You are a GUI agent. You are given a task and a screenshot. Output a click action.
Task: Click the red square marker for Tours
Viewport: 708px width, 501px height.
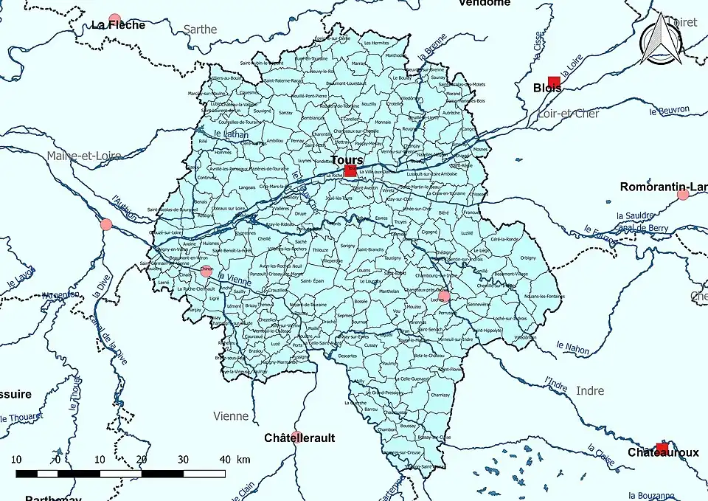350,170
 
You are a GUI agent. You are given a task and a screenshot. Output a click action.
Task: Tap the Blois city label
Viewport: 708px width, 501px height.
546,88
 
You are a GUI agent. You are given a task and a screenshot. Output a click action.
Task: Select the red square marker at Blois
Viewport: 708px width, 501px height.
554,81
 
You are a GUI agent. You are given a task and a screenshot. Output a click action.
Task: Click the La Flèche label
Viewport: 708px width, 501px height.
118,24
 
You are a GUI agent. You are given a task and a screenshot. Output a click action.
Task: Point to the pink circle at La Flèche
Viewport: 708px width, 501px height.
114,18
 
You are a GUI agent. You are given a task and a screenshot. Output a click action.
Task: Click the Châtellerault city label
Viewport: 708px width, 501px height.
299,438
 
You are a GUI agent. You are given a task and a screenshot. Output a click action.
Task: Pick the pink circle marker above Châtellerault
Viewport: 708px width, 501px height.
296,436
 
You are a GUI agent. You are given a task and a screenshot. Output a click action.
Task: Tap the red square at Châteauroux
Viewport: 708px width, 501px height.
662,448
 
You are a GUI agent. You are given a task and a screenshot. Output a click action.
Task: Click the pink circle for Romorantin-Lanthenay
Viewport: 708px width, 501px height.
683,195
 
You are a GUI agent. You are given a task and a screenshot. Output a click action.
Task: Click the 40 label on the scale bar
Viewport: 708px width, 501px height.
224,459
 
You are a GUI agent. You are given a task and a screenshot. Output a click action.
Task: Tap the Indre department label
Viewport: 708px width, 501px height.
589,390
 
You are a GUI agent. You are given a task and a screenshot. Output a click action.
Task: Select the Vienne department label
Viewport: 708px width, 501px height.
230,416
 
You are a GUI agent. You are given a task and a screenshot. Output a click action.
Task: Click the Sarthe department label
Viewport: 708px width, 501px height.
200,30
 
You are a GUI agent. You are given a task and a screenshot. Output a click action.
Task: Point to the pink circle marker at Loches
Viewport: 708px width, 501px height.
444,297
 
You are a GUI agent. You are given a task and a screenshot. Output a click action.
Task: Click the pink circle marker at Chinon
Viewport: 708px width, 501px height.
206,271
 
